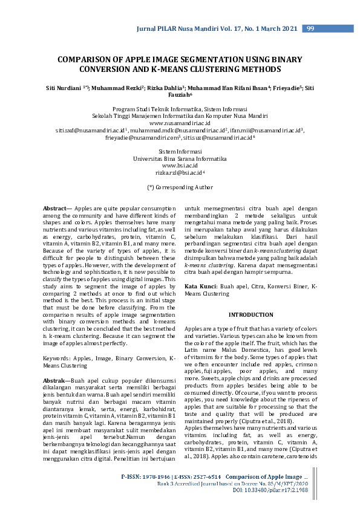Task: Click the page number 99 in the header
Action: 310,28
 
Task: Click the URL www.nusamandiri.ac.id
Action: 180,122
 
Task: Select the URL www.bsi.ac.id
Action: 180,165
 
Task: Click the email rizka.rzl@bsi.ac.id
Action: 180,172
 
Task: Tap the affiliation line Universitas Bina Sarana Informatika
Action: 180,158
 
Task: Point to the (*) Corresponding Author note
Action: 180,188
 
